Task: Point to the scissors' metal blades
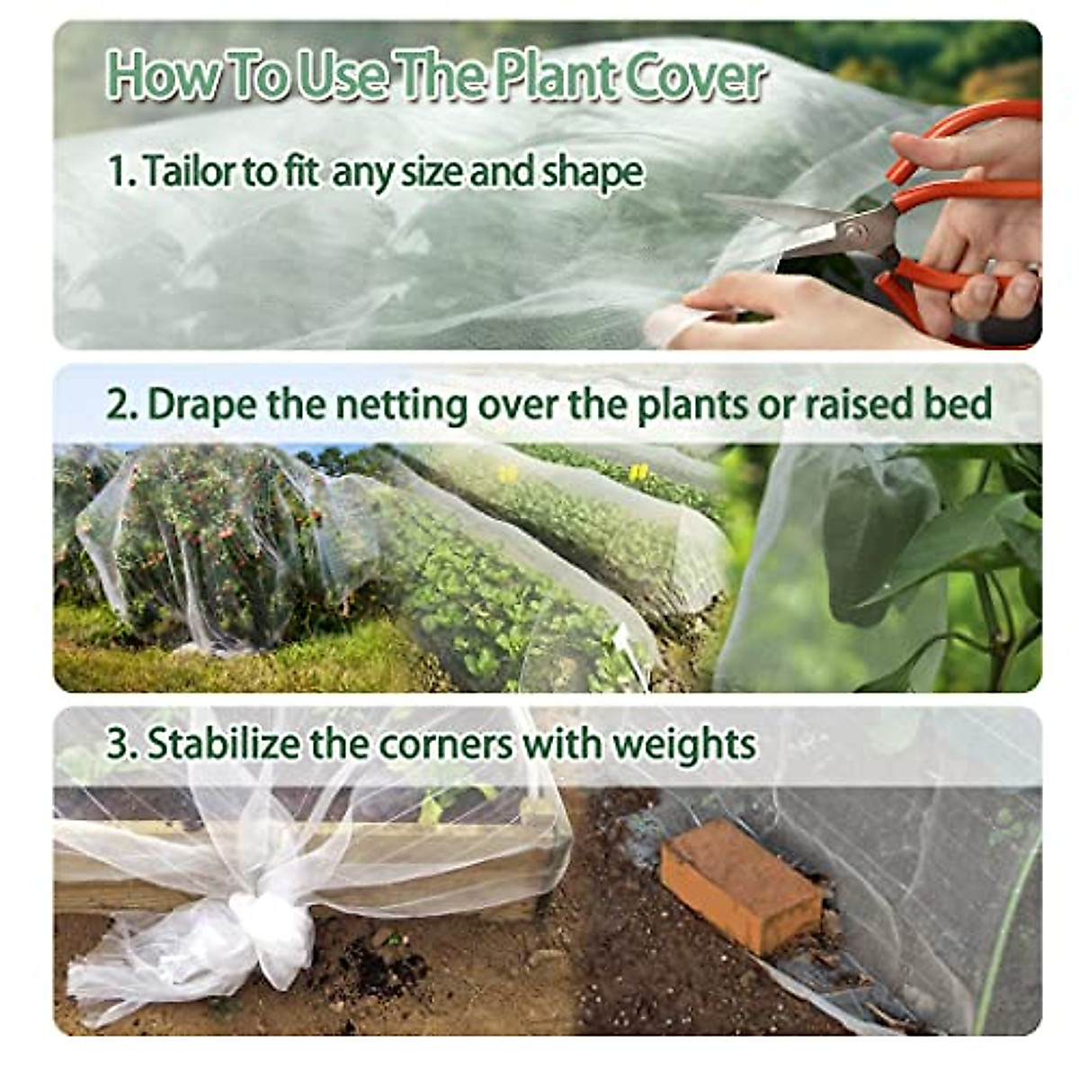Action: click(791, 225)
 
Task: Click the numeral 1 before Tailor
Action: click(116, 171)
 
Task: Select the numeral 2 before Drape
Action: click(118, 405)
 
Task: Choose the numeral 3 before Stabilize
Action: click(118, 745)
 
